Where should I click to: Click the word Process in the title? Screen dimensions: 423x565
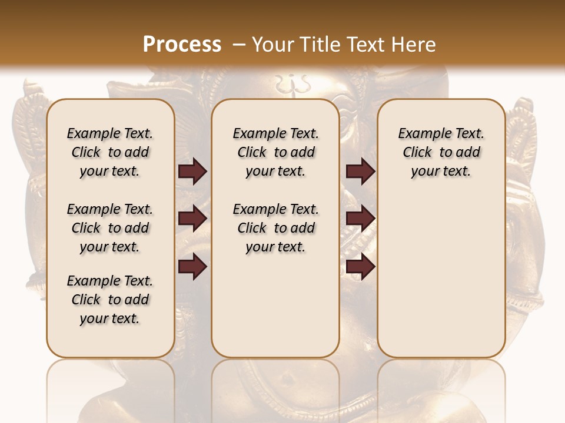click(x=182, y=45)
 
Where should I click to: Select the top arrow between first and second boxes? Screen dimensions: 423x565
click(x=192, y=172)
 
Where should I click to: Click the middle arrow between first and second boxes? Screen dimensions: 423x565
click(x=192, y=219)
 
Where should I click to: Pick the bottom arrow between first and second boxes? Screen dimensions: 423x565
click(x=192, y=267)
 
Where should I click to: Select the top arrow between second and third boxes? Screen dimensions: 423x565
click(x=360, y=172)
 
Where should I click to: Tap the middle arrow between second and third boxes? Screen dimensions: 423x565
click(x=360, y=219)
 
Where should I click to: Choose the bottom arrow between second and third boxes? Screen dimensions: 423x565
click(x=360, y=267)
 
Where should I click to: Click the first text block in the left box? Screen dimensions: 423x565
click(x=110, y=152)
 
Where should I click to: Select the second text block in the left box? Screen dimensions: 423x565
click(x=110, y=228)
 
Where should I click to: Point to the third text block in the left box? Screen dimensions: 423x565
click(x=110, y=300)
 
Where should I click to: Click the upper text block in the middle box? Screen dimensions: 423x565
click(x=276, y=152)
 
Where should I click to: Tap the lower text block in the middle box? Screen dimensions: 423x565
click(x=276, y=228)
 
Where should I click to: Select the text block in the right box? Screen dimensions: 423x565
click(x=441, y=152)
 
